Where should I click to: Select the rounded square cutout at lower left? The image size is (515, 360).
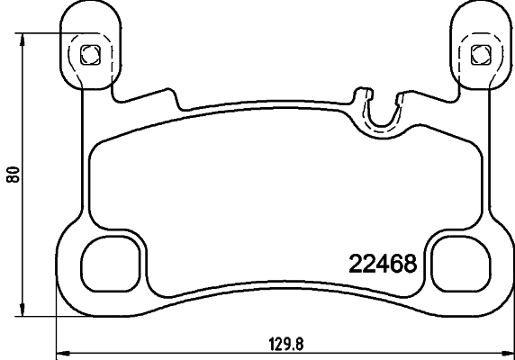pyautogui.click(x=112, y=264)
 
